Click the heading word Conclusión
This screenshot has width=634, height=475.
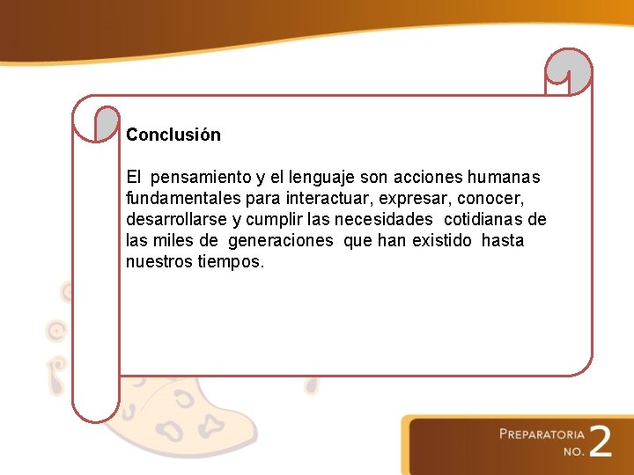[173, 135]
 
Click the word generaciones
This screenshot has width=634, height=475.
[281, 241]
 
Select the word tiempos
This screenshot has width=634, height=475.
[231, 262]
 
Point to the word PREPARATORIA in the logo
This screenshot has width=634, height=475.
[542, 434]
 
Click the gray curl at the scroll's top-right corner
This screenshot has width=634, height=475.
[570, 69]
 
